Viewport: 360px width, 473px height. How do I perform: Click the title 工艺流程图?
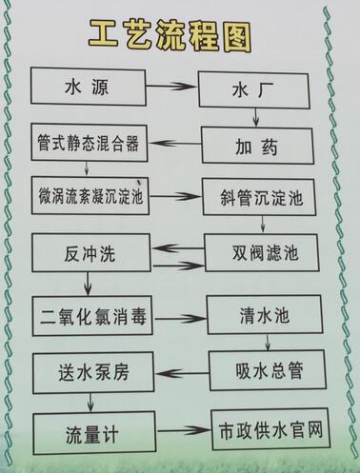click(174, 34)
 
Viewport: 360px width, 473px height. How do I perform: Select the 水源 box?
click(88, 88)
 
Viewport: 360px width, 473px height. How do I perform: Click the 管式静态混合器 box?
click(87, 145)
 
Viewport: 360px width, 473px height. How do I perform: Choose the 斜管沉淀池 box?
click(260, 200)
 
